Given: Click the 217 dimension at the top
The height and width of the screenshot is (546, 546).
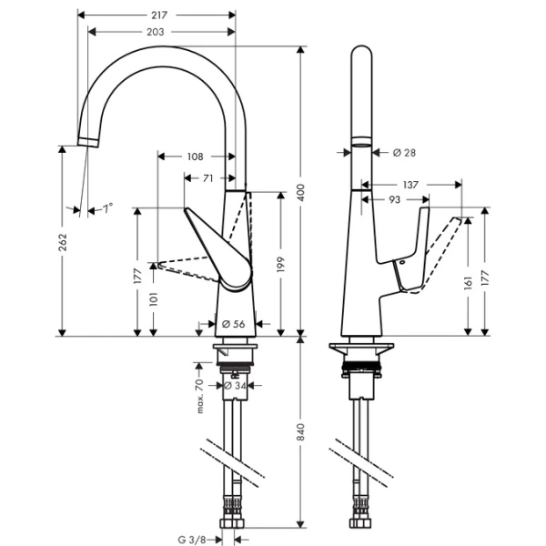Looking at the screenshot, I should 156,15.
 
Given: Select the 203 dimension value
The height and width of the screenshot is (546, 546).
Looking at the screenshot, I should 156,33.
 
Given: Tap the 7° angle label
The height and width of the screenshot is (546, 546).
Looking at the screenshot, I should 107,208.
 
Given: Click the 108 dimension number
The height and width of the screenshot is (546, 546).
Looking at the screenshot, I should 195,157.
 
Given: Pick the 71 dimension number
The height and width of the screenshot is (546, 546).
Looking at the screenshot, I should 208,178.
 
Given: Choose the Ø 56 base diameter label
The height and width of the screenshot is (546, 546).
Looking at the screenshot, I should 233,322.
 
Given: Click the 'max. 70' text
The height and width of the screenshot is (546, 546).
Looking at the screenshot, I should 199,398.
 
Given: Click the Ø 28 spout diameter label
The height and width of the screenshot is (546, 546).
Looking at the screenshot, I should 404,153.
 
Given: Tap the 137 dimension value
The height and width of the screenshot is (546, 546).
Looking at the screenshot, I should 410,184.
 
